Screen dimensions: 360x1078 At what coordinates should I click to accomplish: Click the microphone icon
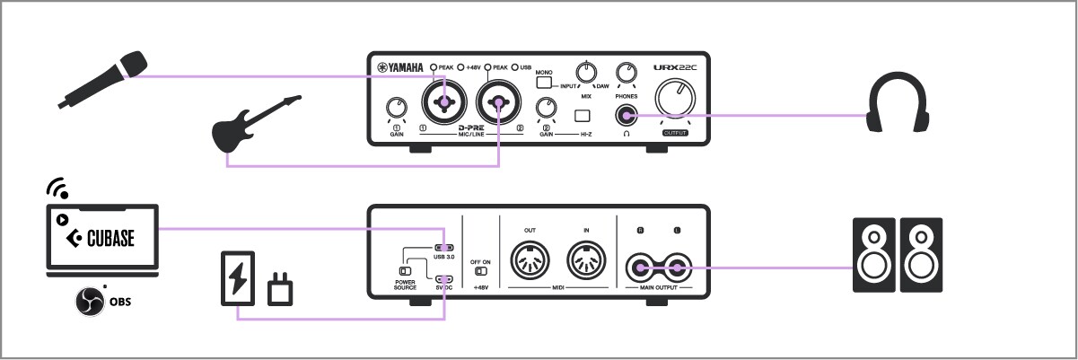101,79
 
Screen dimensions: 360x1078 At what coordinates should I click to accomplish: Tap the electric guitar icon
255,126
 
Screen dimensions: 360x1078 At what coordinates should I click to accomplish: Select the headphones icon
897,106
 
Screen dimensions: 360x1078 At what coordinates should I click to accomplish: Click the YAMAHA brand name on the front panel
400,67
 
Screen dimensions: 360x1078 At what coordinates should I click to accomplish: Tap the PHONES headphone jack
626,115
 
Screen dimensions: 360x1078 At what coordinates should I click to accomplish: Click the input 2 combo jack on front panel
499,105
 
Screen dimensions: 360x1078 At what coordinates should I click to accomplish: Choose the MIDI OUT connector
530,263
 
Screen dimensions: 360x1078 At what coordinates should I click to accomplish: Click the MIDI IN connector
586,263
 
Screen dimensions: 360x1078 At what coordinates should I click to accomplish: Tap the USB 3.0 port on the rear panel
444,248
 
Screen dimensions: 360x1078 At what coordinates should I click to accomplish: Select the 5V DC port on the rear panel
444,278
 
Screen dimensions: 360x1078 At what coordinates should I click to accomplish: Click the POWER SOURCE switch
405,269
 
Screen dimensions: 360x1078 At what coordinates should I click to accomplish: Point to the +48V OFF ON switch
481,270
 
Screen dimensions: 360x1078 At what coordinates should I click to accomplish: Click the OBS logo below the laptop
91,301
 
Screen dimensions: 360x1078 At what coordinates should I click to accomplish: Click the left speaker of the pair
872,254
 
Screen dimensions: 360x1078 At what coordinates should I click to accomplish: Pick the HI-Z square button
584,115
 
